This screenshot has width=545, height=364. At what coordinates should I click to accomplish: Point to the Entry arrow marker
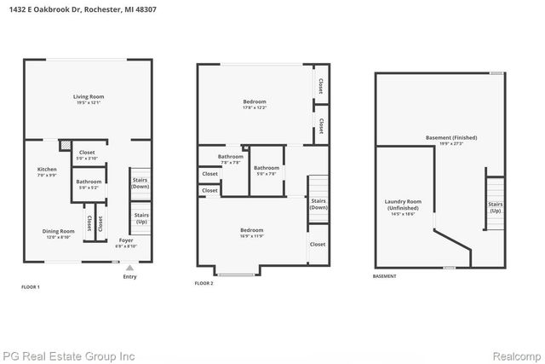click(129, 267)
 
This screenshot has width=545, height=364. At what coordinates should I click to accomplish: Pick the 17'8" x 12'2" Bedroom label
click(255, 104)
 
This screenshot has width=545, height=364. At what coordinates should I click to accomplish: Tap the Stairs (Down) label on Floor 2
click(318, 205)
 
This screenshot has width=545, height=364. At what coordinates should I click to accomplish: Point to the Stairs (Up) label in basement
click(495, 207)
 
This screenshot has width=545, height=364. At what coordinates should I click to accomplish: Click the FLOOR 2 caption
click(204, 283)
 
